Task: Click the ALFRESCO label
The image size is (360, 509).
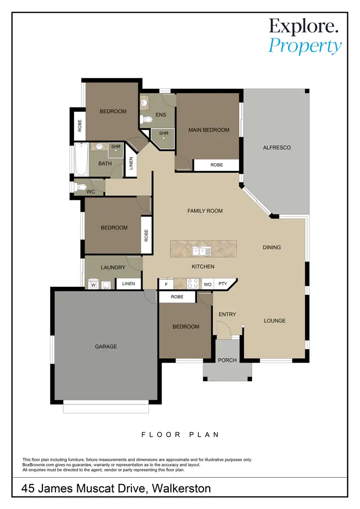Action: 277,147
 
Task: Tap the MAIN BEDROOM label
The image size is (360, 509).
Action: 208,130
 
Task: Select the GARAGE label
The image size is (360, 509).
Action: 106,346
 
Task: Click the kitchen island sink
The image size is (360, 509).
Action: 201,251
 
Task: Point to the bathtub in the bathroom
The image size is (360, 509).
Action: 80,160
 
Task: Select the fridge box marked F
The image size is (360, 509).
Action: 166,284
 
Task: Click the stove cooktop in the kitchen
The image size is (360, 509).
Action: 192,284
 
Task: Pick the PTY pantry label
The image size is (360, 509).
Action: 222,284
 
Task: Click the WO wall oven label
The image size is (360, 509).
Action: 208,284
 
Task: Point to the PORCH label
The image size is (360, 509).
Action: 227,360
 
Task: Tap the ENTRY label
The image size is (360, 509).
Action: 227,315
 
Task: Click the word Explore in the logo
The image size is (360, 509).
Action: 303,26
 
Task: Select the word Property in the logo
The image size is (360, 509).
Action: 305,47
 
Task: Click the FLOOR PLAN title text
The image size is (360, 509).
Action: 180,435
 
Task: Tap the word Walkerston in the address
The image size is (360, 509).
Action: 181,489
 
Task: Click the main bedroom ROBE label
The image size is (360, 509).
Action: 216,165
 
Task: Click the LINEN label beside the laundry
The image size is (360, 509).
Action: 129,284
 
